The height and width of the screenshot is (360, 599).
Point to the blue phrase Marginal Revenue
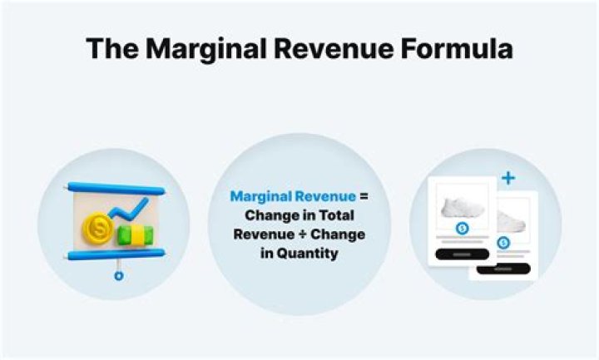click(292, 197)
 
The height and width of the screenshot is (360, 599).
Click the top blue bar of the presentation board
click(116, 189)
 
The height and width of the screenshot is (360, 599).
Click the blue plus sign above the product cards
click(508, 178)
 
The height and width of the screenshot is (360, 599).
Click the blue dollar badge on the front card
click(462, 229)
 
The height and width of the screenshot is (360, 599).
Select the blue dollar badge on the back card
click(503, 243)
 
